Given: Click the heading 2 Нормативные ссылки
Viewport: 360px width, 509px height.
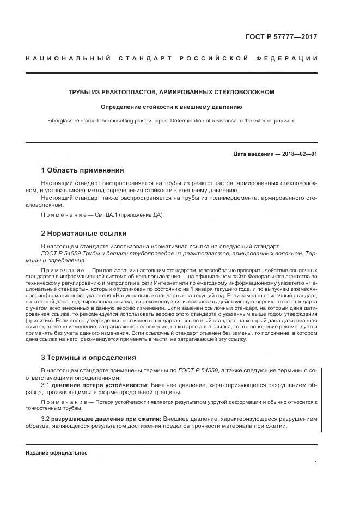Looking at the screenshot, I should [83, 234].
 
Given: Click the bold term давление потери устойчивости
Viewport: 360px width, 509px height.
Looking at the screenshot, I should [100, 384].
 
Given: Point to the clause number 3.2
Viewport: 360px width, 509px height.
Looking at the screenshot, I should [46, 419].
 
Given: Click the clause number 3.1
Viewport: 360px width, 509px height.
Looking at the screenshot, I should [46, 384].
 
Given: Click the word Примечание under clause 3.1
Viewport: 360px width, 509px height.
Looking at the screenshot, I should [62, 401].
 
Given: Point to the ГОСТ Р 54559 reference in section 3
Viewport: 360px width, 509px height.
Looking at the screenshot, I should [198, 370].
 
